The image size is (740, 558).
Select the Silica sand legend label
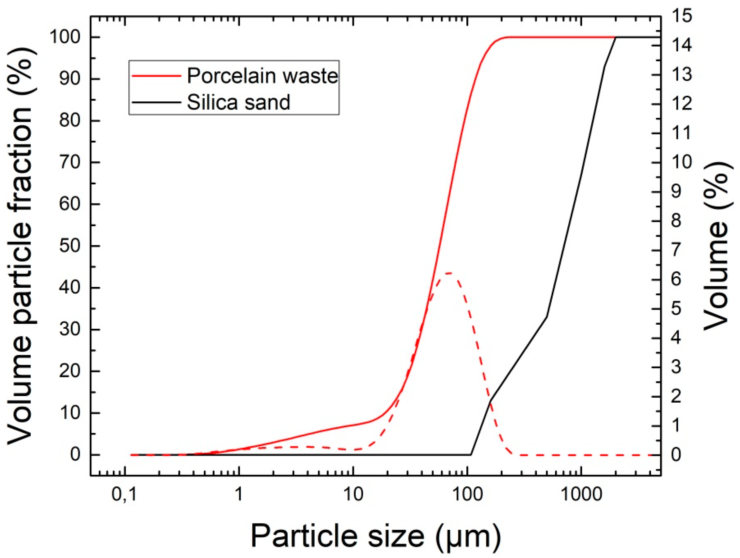click(238, 102)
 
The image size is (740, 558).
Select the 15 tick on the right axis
click(683, 16)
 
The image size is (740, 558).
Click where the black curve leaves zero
click(471, 455)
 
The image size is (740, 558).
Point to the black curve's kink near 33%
click(547, 317)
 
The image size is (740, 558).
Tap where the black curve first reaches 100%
click(616, 37)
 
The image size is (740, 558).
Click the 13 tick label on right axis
click(683, 75)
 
